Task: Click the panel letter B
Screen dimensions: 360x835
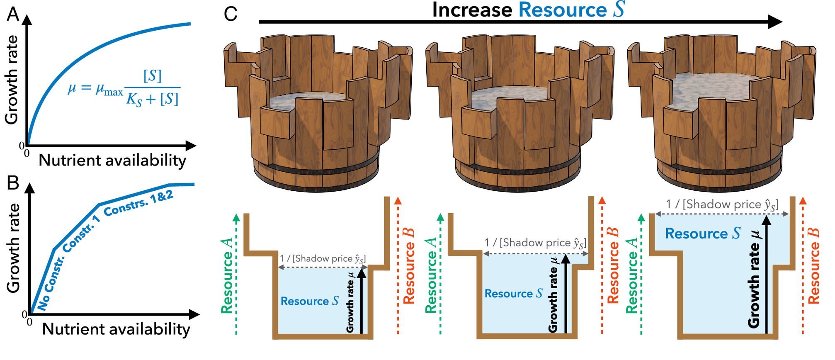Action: click(13, 182)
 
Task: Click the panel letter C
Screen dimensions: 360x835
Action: click(231, 14)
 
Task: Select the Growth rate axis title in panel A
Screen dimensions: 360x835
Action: click(12, 80)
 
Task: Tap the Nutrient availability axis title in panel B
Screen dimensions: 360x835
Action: click(116, 329)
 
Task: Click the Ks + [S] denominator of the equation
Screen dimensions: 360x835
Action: click(153, 100)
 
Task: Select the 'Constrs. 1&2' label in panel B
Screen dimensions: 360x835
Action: click(138, 204)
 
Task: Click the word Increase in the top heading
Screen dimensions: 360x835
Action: click(472, 10)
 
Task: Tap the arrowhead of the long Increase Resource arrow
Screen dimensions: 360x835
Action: click(774, 22)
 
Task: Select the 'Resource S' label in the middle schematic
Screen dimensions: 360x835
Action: click(513, 294)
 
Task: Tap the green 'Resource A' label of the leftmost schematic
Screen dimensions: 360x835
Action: click(227, 276)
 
